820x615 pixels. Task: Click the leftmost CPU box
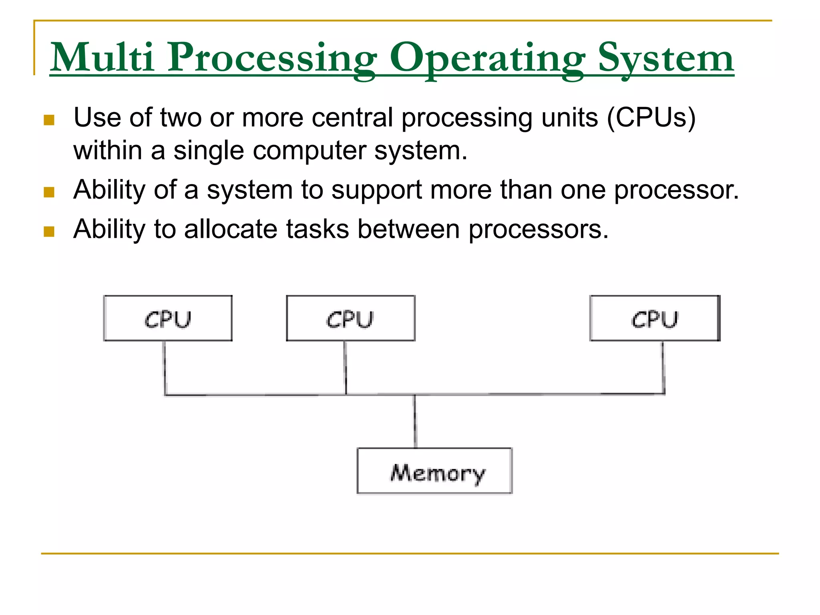(168, 318)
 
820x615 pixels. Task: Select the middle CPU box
(351, 318)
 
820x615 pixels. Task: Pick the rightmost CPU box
(655, 318)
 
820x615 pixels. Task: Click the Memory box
(434, 471)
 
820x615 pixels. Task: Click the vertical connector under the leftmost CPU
(165, 368)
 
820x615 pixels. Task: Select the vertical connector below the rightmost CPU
(663, 368)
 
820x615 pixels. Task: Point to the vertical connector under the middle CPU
(346, 368)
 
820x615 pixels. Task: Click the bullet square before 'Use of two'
(49, 120)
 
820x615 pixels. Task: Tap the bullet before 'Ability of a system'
(49, 192)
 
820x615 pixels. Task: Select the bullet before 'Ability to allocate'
(49, 231)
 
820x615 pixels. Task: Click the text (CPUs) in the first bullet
(651, 118)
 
